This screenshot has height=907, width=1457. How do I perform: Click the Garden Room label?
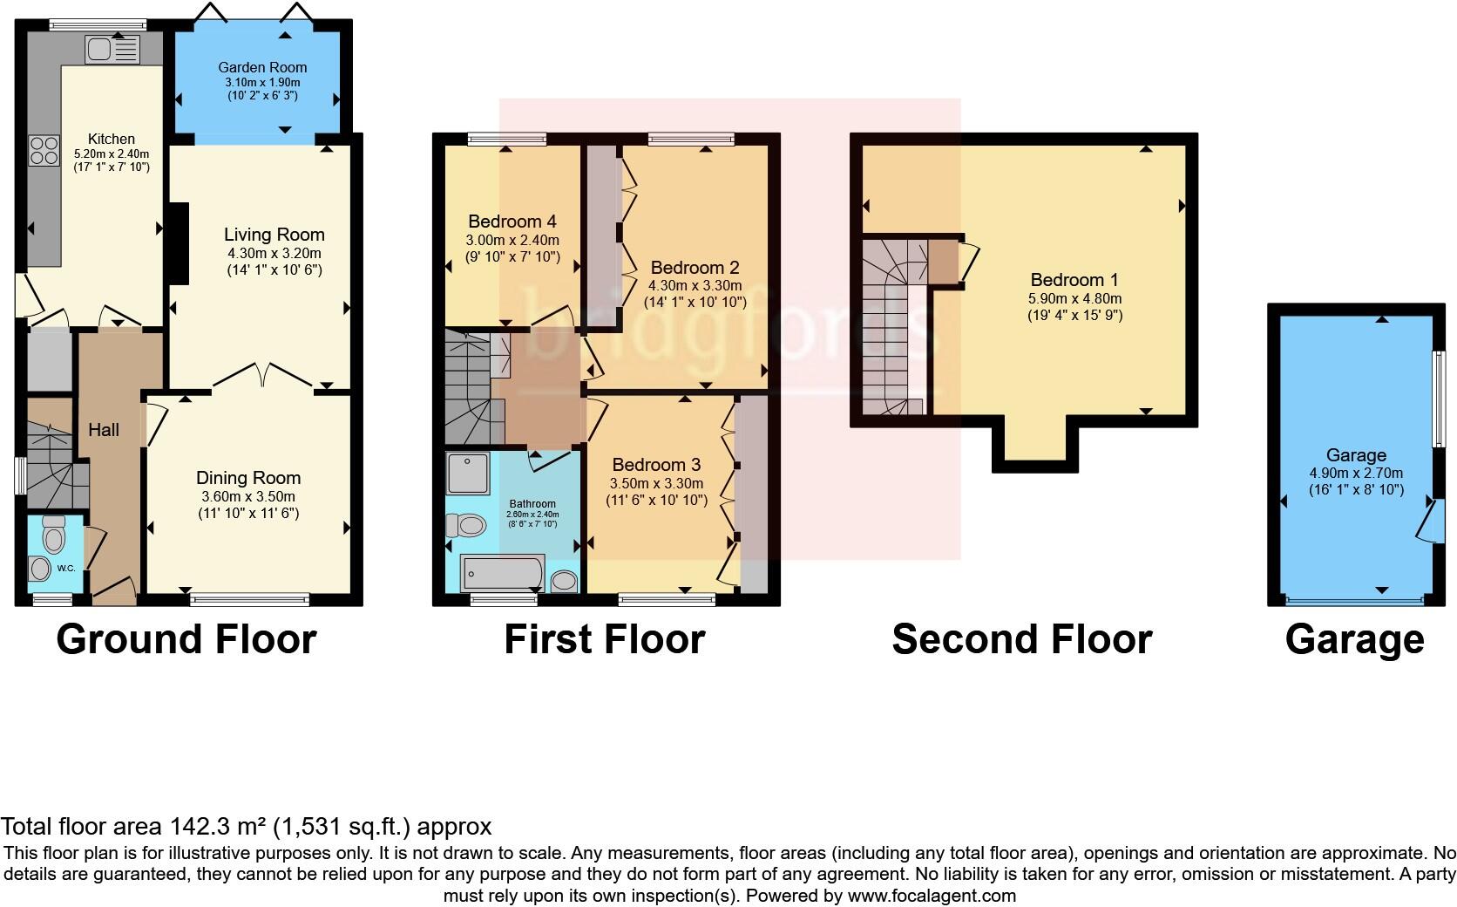click(262, 67)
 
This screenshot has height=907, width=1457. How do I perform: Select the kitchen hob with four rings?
click(44, 152)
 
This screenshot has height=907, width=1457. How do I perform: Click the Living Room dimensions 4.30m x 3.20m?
click(274, 253)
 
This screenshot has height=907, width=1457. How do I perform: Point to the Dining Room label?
click(248, 478)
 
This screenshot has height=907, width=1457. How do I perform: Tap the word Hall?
click(104, 430)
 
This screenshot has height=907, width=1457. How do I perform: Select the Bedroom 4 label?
click(512, 222)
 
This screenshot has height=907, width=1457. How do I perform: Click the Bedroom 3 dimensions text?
click(656, 483)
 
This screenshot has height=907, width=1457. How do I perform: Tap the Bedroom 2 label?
click(695, 267)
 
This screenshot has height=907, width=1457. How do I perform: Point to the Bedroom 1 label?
click(1074, 280)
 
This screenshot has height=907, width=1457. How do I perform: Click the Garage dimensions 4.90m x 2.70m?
click(1356, 473)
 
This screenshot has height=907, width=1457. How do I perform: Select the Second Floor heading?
click(1021, 639)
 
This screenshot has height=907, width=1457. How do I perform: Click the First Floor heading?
click(604, 639)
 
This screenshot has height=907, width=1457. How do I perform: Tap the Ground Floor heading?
click(186, 639)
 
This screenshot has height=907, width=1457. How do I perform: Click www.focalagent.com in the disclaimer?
click(932, 895)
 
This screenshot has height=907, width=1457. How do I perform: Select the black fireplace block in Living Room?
click(179, 244)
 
